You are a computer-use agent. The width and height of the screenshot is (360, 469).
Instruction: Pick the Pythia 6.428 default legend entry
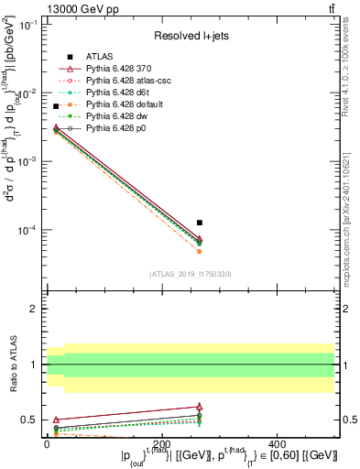coord(128,104)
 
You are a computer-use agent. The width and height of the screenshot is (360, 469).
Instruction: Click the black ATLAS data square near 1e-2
coord(56,106)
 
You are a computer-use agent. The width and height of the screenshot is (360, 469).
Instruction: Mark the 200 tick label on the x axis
coord(191,442)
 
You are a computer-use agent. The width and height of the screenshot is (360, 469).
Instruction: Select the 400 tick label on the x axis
coord(334,442)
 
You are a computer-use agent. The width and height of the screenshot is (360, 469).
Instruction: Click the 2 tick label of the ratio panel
coord(32,309)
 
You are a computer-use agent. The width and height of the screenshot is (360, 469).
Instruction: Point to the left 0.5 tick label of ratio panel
coord(28,420)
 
